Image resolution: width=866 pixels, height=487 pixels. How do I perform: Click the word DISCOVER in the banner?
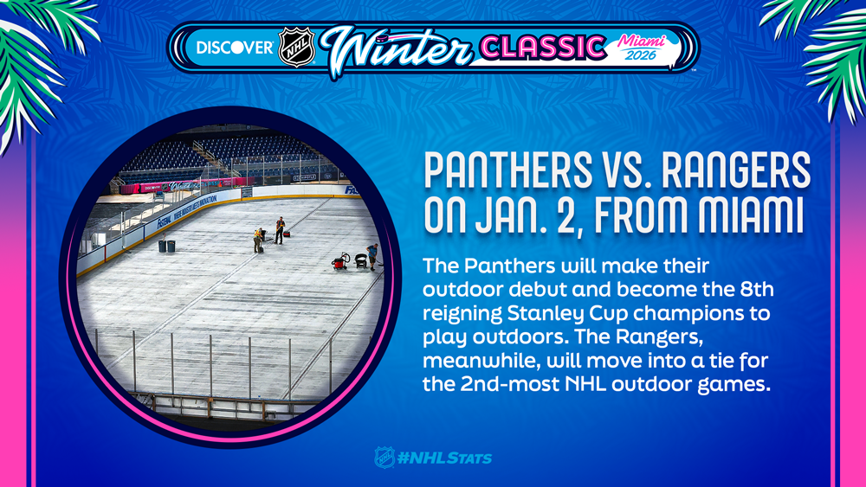click(235, 48)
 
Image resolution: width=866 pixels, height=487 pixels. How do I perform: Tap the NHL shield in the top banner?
click(296, 48)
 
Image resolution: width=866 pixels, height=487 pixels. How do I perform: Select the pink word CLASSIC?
click(543, 48)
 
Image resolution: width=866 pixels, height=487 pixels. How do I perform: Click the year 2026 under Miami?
click(641, 54)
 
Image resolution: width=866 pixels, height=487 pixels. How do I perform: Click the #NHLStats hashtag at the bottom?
click(444, 458)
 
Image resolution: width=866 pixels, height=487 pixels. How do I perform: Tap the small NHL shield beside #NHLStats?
click(385, 458)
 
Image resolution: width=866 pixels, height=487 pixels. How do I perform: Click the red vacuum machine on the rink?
click(340, 261)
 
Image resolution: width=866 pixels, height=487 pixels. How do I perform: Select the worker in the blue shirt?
click(372, 256)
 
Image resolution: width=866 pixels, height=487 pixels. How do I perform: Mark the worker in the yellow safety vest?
click(258, 240)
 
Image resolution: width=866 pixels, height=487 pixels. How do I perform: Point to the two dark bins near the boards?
click(167, 246)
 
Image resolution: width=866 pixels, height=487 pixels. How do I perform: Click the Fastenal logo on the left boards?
click(164, 223)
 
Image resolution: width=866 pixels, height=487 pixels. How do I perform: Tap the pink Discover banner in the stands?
click(152, 188)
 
